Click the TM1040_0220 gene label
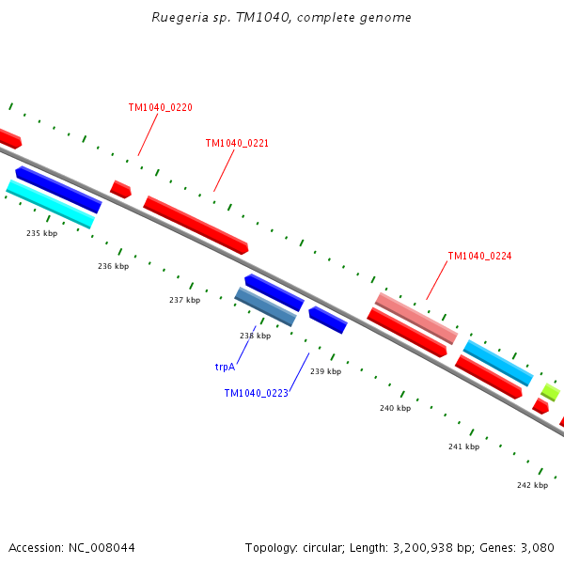(x=161, y=107)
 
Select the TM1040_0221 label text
(x=237, y=143)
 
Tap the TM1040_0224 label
(x=479, y=256)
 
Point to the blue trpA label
(x=225, y=367)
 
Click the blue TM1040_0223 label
(x=256, y=393)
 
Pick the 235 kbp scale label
(x=41, y=233)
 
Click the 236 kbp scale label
(x=114, y=266)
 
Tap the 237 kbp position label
(x=185, y=300)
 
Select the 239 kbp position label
(x=326, y=371)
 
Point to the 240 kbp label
(x=396, y=408)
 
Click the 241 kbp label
(x=464, y=446)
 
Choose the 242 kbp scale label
(x=533, y=485)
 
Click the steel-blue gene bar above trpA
(x=265, y=306)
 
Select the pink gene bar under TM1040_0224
(x=416, y=319)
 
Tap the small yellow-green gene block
(x=551, y=392)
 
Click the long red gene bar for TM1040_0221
(x=196, y=226)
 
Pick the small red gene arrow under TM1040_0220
(x=120, y=190)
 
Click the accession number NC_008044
(x=102, y=548)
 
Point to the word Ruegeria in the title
(x=180, y=18)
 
